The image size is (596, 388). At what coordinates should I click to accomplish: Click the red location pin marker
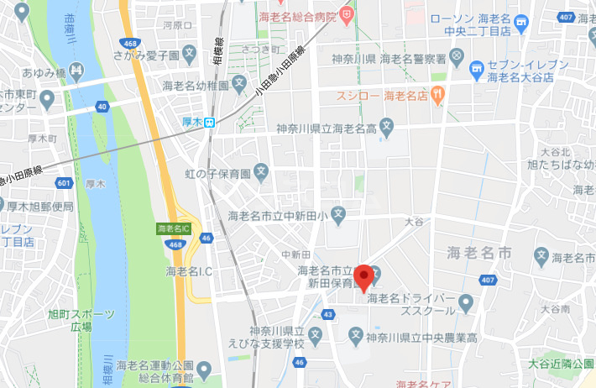[363, 277]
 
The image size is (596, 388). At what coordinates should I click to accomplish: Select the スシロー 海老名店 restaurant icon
[438, 95]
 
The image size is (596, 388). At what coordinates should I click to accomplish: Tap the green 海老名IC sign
[175, 228]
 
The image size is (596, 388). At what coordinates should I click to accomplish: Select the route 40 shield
[102, 106]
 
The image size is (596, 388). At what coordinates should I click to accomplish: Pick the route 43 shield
[327, 314]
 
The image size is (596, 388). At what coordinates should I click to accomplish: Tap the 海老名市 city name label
[479, 252]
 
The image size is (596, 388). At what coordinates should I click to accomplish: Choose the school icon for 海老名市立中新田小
[337, 216]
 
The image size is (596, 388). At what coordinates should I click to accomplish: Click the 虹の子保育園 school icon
[261, 174]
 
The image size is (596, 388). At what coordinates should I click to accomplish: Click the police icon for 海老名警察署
[456, 58]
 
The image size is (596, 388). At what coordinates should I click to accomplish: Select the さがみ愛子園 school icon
[191, 55]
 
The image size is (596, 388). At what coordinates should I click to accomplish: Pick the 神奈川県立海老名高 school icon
[386, 128]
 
